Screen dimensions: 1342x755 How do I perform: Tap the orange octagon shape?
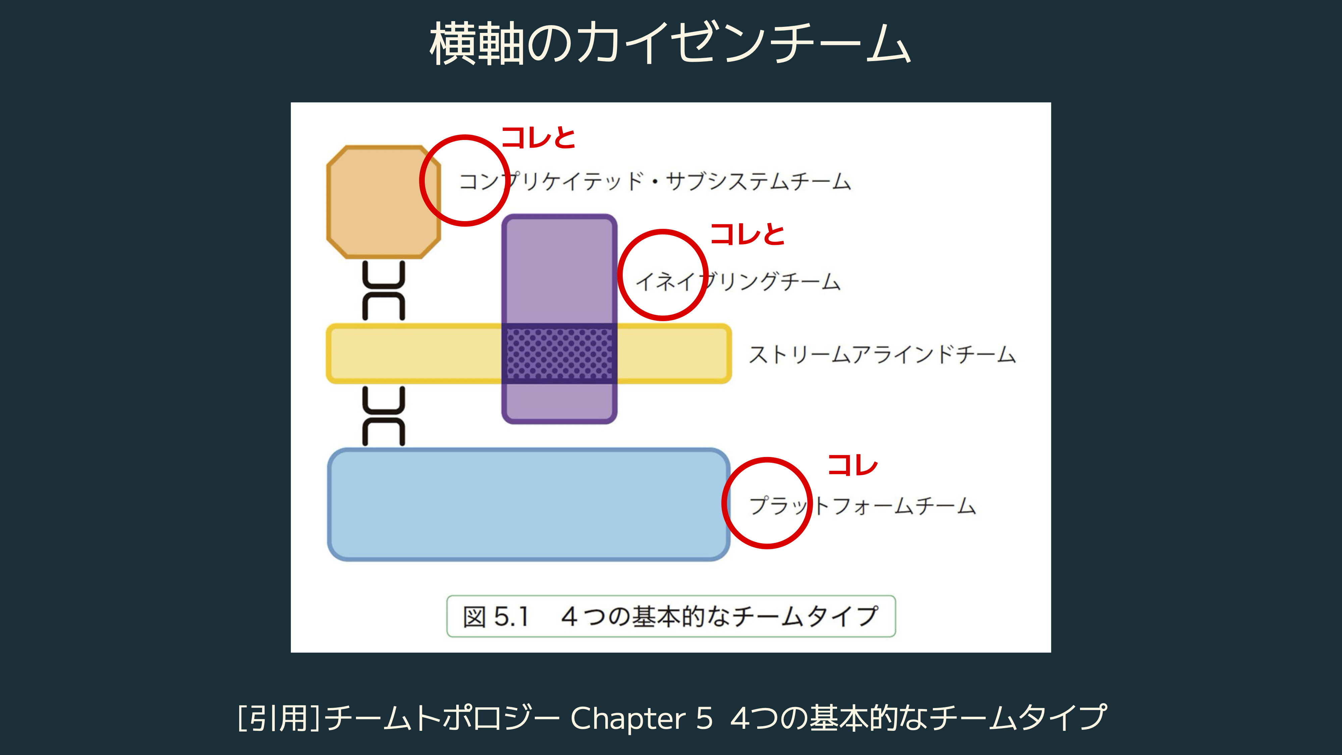(383, 202)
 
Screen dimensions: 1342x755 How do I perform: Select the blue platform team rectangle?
(528, 504)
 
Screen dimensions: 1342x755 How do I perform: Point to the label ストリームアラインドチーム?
(882, 354)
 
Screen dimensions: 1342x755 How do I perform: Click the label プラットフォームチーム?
(862, 505)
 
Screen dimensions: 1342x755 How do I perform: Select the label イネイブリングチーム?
(738, 282)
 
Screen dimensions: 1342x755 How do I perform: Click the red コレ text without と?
(853, 465)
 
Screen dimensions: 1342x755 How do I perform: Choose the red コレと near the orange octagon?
(538, 138)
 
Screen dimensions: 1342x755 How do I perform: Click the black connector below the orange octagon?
(383, 291)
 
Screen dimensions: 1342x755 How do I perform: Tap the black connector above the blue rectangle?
(383, 416)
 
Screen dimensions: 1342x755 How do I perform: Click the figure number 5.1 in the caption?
(511, 617)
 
